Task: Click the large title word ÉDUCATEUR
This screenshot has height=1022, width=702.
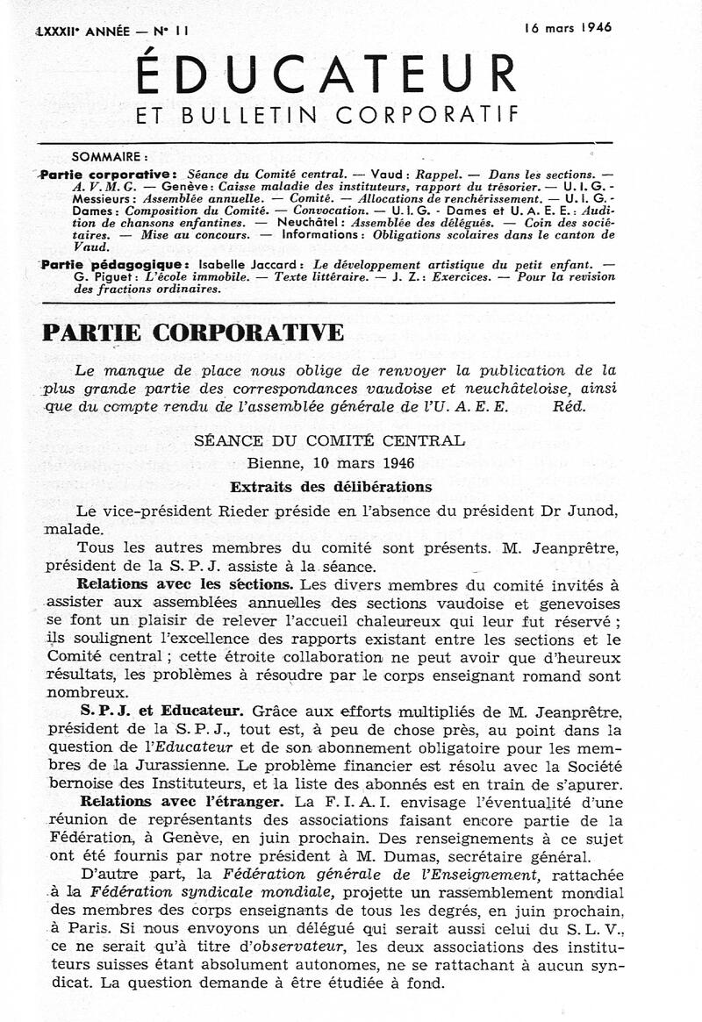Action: [x=326, y=75]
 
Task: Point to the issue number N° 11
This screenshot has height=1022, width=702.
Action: [x=171, y=31]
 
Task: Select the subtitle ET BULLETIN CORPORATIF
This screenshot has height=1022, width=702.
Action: [x=326, y=115]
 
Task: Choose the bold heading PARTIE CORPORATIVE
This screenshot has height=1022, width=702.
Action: [x=193, y=333]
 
